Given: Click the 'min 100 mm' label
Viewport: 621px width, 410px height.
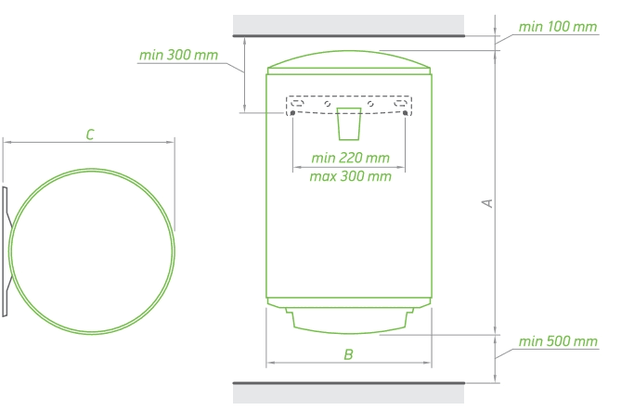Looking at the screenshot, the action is click(558, 27).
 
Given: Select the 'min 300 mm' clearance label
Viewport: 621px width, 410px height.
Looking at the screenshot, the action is click(178, 55).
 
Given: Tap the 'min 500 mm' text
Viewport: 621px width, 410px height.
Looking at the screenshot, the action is click(558, 341).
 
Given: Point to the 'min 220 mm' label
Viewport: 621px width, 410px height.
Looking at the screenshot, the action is click(351, 158).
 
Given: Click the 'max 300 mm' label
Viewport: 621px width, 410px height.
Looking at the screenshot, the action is click(351, 176).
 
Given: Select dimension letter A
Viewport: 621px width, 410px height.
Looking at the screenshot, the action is click(487, 203).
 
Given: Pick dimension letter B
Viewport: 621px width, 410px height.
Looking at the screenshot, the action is click(348, 354).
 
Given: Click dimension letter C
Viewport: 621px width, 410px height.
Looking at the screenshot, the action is click(90, 135).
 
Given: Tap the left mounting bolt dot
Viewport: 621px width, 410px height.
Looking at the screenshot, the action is click(292, 113).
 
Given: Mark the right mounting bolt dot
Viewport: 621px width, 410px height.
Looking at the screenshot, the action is click(405, 113).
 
